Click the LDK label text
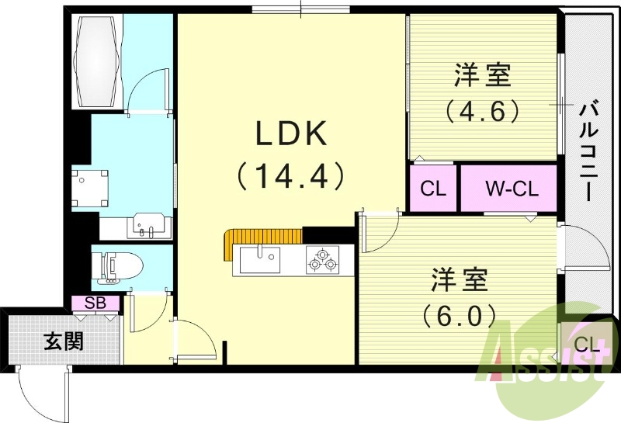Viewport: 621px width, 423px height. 292,133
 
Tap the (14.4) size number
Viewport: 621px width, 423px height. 290,176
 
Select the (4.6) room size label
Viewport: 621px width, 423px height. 482,110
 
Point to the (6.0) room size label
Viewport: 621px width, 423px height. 459,315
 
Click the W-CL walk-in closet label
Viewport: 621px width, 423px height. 512,189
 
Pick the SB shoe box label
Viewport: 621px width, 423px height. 95,303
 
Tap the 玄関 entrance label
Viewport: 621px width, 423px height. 64,341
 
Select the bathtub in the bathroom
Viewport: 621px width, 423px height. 96,61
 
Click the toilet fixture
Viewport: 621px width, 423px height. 116,268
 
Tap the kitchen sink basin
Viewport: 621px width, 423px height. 260,260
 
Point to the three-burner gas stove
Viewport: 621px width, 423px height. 323,260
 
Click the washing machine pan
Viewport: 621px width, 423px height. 90,188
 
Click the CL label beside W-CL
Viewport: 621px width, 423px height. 433,189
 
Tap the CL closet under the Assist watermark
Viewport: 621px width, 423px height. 587,345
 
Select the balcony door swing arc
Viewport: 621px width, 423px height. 586,247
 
